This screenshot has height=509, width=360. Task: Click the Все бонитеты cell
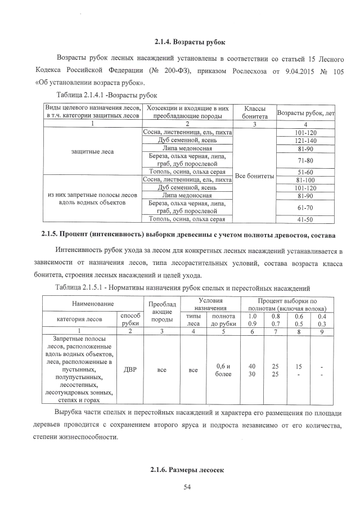point(254,175)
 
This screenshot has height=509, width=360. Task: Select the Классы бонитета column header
point(254,111)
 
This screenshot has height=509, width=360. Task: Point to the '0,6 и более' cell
point(223,370)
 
